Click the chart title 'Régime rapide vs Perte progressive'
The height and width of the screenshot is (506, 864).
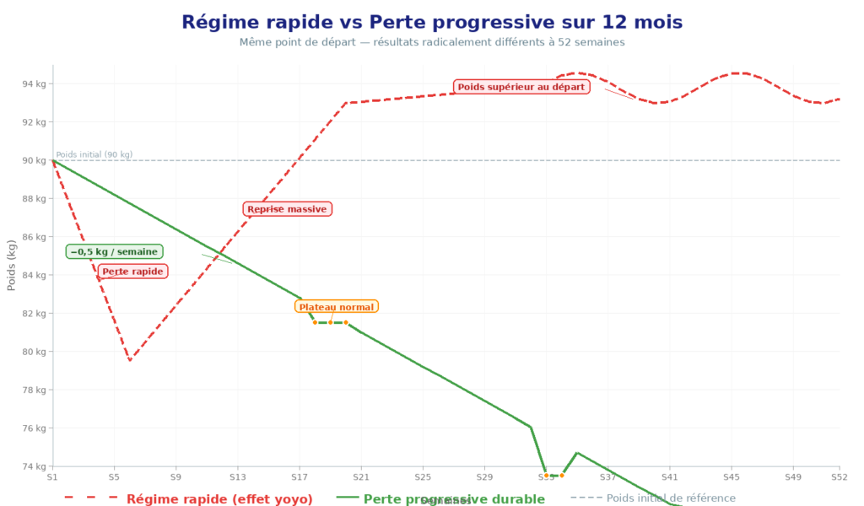tap(432, 22)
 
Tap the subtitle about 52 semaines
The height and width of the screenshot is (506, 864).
tap(432, 41)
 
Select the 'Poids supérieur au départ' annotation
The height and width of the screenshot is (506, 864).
tap(521, 86)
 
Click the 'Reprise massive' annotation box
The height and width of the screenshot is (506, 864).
tap(287, 209)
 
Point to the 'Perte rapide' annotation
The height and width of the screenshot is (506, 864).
tap(132, 272)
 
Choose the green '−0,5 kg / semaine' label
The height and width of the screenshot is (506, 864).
tap(114, 252)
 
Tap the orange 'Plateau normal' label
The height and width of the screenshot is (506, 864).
tap(337, 307)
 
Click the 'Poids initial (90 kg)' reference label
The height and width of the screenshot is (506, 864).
tap(94, 154)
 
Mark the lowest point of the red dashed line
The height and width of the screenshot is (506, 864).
tap(130, 361)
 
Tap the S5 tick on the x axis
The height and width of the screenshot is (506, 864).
tap(114, 477)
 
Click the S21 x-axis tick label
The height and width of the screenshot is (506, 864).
tap(360, 477)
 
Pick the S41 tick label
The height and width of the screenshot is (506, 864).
tap(669, 477)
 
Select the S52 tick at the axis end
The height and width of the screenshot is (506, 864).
tap(839, 477)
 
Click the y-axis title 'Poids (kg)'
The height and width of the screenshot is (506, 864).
tap(12, 266)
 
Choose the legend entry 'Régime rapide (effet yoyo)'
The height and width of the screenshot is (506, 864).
tap(219, 499)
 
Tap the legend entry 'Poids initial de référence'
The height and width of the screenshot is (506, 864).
tap(671, 498)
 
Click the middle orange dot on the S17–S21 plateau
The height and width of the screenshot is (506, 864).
tap(330, 322)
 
